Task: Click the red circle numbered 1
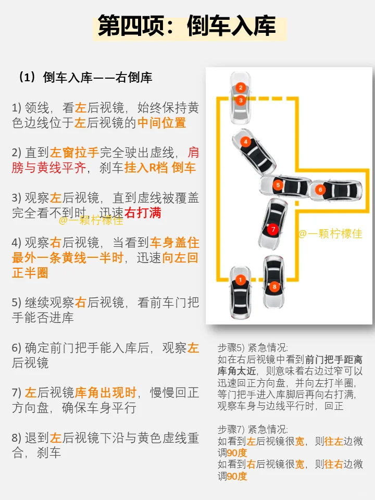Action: (240, 280)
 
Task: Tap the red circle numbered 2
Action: (241, 87)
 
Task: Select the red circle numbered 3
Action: (241, 99)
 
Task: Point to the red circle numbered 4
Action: (245, 141)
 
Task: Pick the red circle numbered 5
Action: (278, 184)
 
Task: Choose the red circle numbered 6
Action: (320, 190)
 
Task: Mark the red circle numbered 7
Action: (273, 229)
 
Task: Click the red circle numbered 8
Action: (274, 286)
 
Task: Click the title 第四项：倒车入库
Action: (187, 26)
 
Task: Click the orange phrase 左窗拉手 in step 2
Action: (74, 153)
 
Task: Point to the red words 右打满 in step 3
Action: (143, 213)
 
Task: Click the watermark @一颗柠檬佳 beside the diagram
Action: (330, 234)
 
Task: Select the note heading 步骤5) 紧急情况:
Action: (253, 347)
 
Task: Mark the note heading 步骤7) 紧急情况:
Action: (253, 429)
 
